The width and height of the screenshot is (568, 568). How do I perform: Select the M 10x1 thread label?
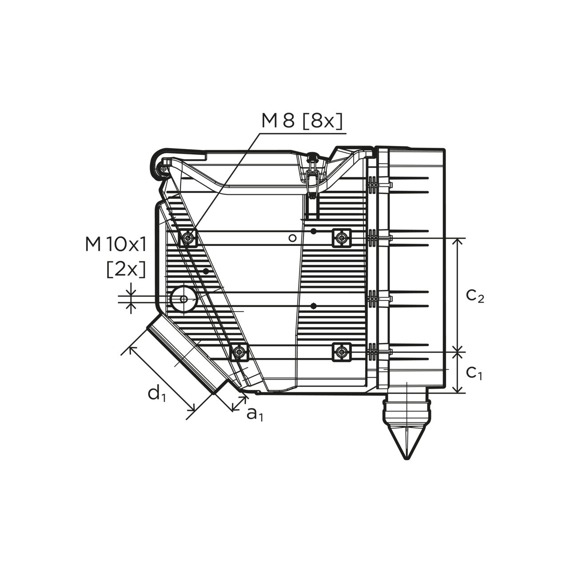click(x=116, y=245)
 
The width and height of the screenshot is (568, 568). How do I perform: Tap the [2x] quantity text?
click(x=126, y=270)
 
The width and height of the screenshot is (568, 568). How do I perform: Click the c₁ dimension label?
click(x=474, y=373)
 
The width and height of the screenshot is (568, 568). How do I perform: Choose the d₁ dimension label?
click(x=157, y=393)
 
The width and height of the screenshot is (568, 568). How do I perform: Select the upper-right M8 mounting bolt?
click(x=342, y=237)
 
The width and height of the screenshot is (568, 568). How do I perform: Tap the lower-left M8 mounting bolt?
click(x=239, y=351)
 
